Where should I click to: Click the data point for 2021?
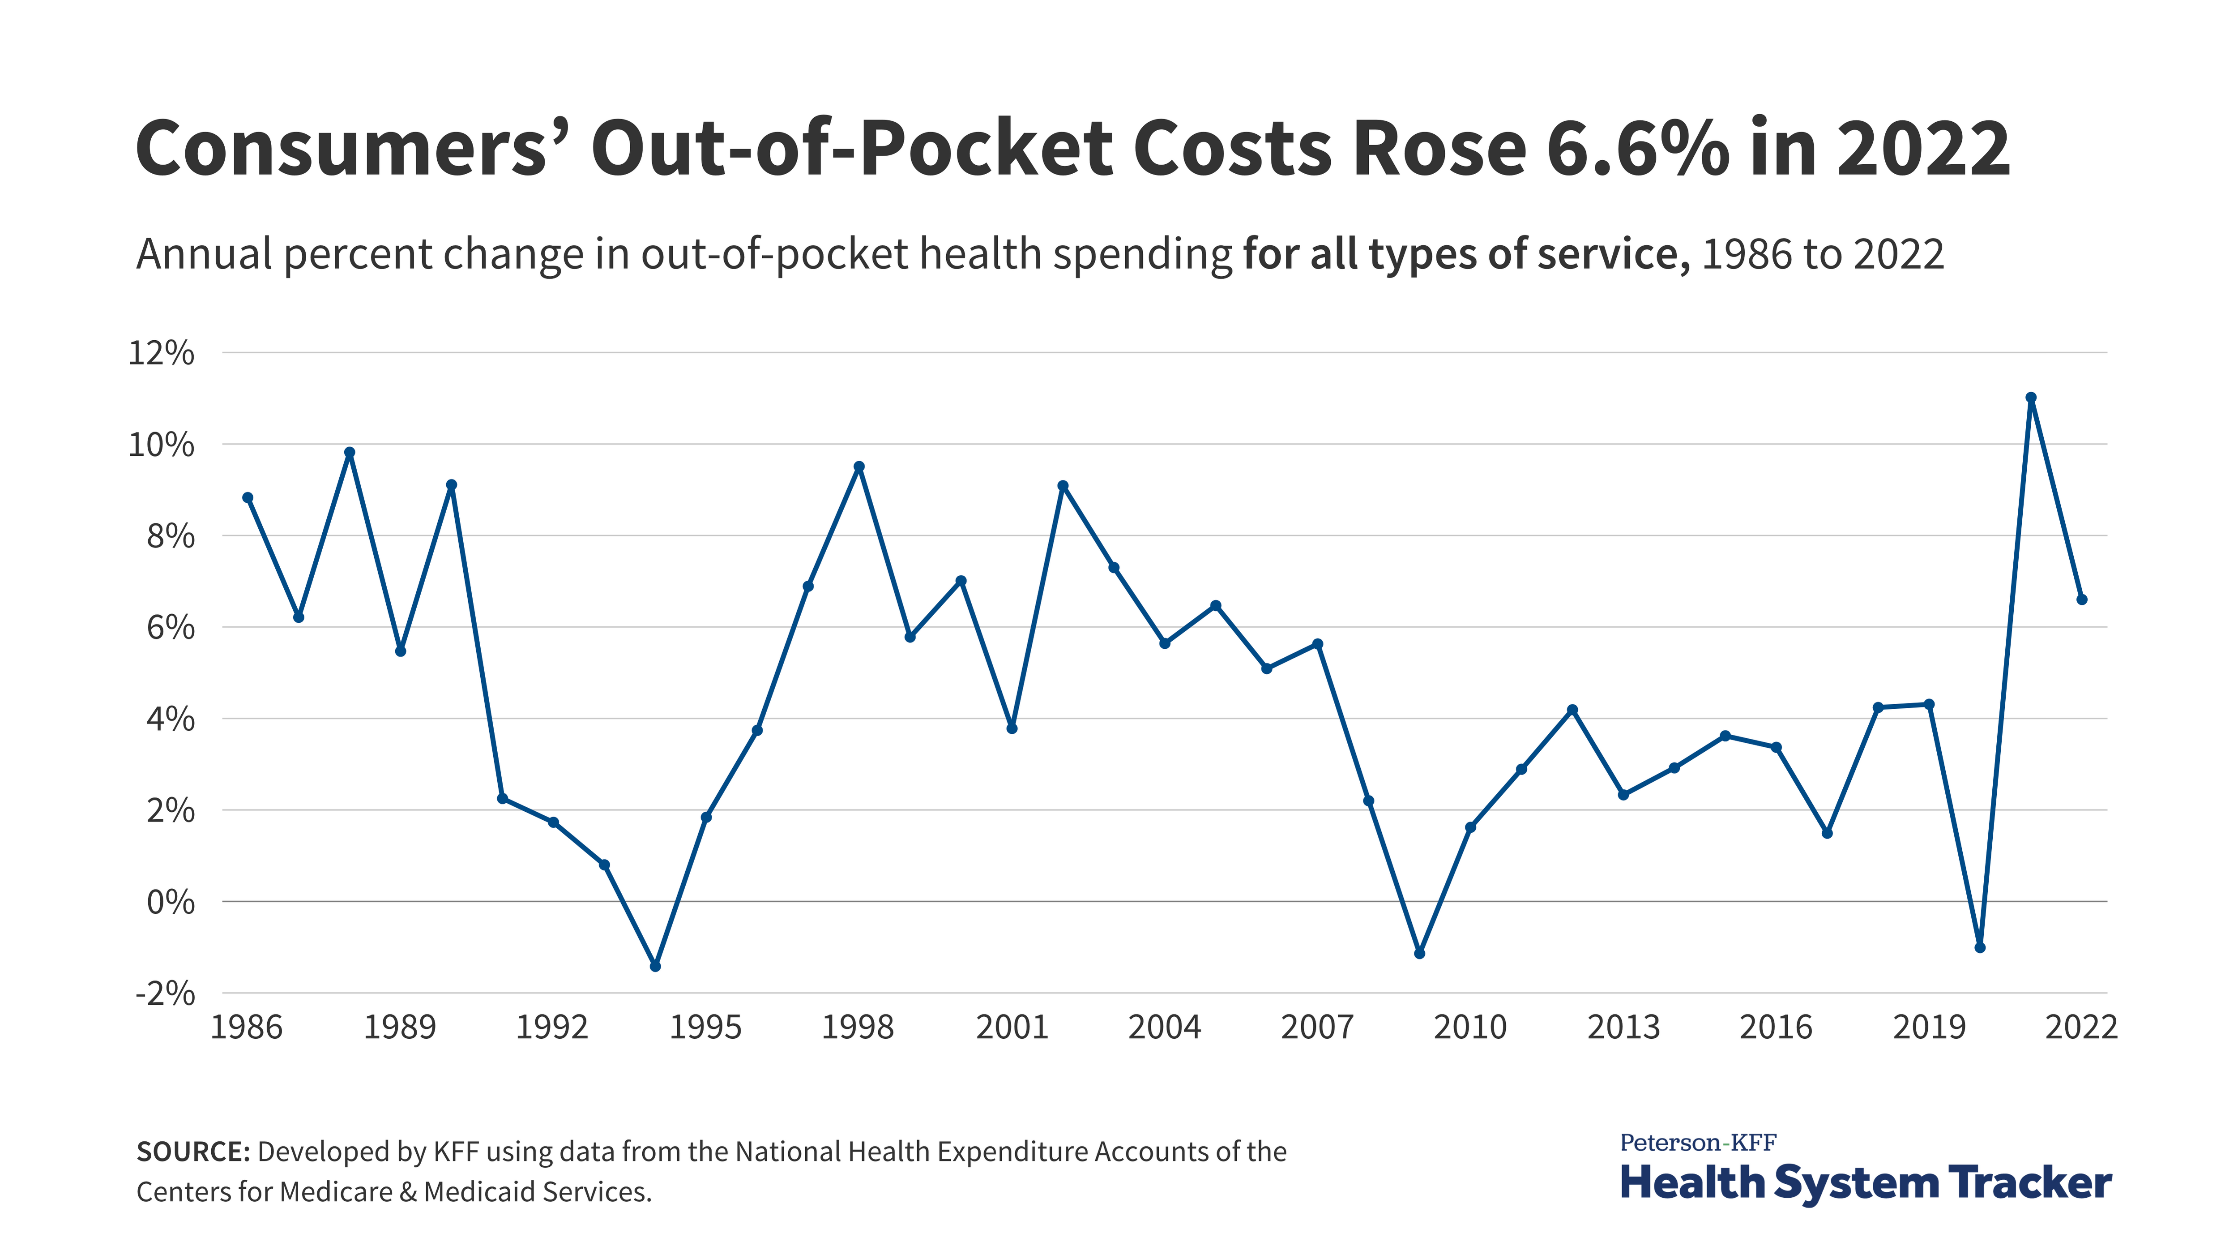2030,398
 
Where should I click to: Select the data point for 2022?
2082,600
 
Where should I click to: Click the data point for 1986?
248,498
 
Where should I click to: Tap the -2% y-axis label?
165,993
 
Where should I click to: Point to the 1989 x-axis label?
400,1028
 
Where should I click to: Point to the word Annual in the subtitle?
205,255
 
